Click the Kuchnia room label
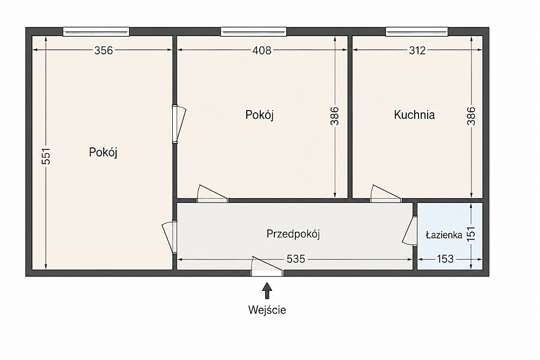(414, 114)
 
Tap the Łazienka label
(444, 235)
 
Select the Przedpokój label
(293, 234)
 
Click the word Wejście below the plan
(267, 310)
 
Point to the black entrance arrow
(267, 291)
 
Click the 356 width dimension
(104, 51)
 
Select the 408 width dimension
(262, 51)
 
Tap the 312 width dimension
(417, 51)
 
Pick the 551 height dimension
(46, 157)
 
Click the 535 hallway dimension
(296, 259)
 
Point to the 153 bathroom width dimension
(445, 259)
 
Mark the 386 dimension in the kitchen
(471, 116)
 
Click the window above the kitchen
(417, 32)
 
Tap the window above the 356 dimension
(96, 32)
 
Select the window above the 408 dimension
(253, 32)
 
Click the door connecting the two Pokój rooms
(179, 124)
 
